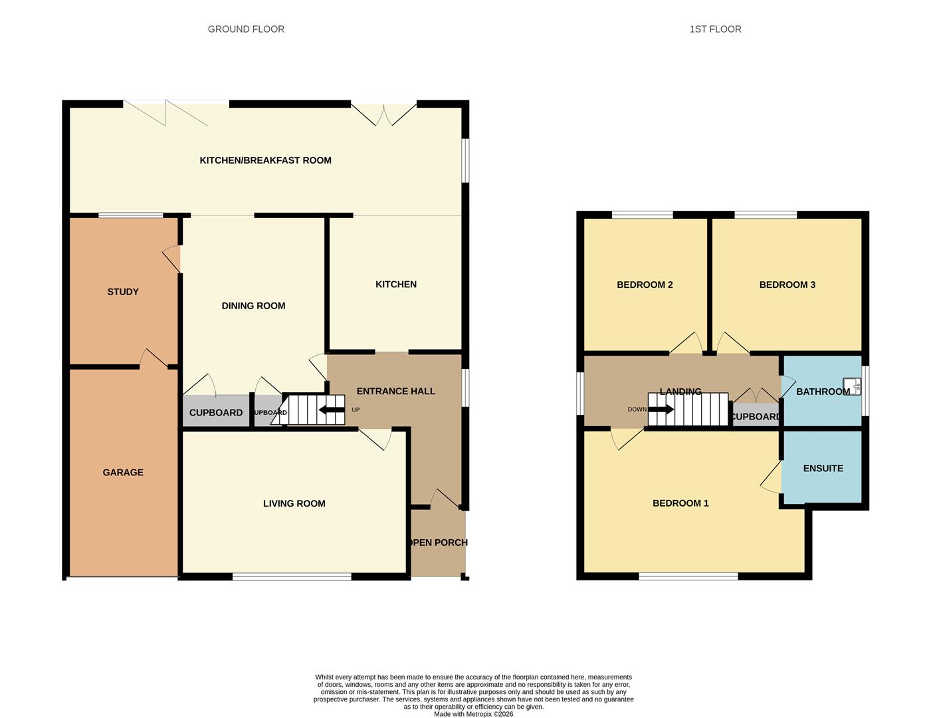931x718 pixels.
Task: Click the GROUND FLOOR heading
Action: pos(246,29)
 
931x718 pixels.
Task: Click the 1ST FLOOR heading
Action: pos(715,29)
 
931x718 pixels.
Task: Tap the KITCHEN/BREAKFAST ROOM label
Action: pos(265,160)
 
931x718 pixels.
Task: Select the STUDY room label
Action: pos(123,292)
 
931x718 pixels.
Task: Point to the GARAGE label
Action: pos(123,473)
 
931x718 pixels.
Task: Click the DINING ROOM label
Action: pos(253,306)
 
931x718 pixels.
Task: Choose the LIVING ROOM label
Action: pos(294,504)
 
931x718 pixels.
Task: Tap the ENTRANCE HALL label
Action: pos(395,392)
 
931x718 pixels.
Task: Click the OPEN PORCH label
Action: pos(438,542)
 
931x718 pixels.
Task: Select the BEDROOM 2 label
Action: pos(645,285)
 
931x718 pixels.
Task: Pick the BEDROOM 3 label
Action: pos(787,285)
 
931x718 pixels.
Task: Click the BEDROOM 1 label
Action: pos(680,503)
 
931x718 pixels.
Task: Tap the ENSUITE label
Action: pos(823,469)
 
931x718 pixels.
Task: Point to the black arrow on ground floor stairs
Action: pos(332,410)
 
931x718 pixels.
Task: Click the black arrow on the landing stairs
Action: pos(661,410)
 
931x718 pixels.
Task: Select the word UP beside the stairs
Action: pos(356,410)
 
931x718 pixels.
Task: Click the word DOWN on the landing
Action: pos(637,410)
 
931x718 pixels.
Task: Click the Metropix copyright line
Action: pos(473,714)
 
